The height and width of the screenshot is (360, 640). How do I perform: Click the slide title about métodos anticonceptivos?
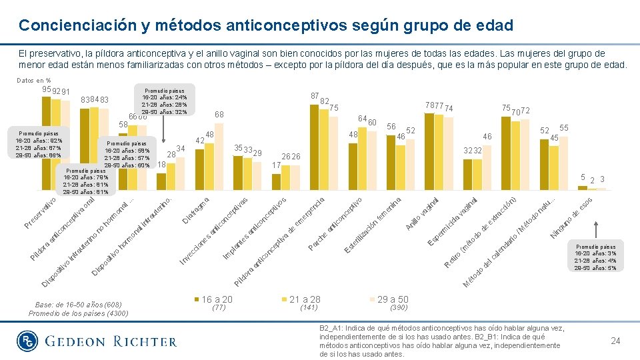coord(266,25)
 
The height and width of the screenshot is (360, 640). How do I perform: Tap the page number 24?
coord(615,341)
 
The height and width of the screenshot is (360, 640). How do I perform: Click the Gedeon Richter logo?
coord(97,341)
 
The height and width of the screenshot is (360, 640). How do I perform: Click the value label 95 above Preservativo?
coord(46,90)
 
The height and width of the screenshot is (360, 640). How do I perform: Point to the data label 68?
coord(219,115)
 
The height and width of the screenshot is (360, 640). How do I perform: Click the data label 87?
coord(315,95)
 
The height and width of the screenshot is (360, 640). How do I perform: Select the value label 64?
coord(362,119)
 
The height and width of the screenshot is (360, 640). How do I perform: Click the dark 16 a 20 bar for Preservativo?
coord(46,143)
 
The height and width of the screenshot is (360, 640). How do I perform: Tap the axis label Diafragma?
coord(197,209)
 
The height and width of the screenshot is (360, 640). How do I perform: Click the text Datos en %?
coord(33,81)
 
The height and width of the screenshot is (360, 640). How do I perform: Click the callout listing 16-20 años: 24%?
coord(164,99)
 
